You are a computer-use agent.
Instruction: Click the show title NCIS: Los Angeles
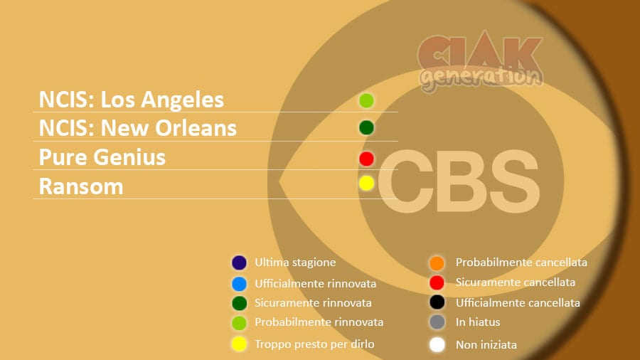(x=132, y=100)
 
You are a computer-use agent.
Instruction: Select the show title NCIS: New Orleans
(x=138, y=128)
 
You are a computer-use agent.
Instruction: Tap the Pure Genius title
(x=102, y=157)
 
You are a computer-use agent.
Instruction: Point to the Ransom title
(x=81, y=186)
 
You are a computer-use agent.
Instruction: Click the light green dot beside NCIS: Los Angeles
(x=366, y=100)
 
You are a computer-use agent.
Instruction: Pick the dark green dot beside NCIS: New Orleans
(x=366, y=128)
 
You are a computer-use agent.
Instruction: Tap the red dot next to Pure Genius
(x=366, y=159)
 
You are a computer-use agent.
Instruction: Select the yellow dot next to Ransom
(x=366, y=184)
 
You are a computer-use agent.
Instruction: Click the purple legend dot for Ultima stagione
(x=239, y=263)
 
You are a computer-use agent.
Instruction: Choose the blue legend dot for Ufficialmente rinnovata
(x=239, y=284)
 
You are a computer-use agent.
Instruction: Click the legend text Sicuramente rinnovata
(x=313, y=303)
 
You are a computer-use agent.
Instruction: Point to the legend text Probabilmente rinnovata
(x=319, y=322)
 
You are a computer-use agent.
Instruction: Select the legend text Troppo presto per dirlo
(x=314, y=344)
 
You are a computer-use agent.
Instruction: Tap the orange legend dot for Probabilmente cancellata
(x=437, y=263)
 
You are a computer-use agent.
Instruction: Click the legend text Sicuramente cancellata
(x=516, y=282)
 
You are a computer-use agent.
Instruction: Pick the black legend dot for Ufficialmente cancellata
(x=437, y=302)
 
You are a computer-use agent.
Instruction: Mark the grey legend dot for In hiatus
(x=437, y=322)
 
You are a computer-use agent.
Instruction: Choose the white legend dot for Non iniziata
(x=437, y=345)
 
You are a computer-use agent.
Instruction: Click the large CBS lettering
(x=459, y=181)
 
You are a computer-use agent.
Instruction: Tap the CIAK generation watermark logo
(x=481, y=61)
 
